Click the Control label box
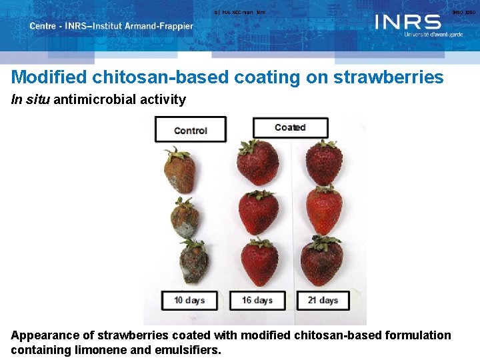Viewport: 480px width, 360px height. [191, 130]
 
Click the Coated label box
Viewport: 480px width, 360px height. [290, 127]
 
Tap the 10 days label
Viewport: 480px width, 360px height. [189, 300]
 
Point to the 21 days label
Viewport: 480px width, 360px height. [323, 300]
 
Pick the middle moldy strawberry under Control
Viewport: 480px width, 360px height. [184, 217]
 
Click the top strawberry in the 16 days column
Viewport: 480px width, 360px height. [258, 163]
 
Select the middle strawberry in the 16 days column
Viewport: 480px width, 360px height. [258, 211]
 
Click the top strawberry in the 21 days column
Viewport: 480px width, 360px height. [324, 163]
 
